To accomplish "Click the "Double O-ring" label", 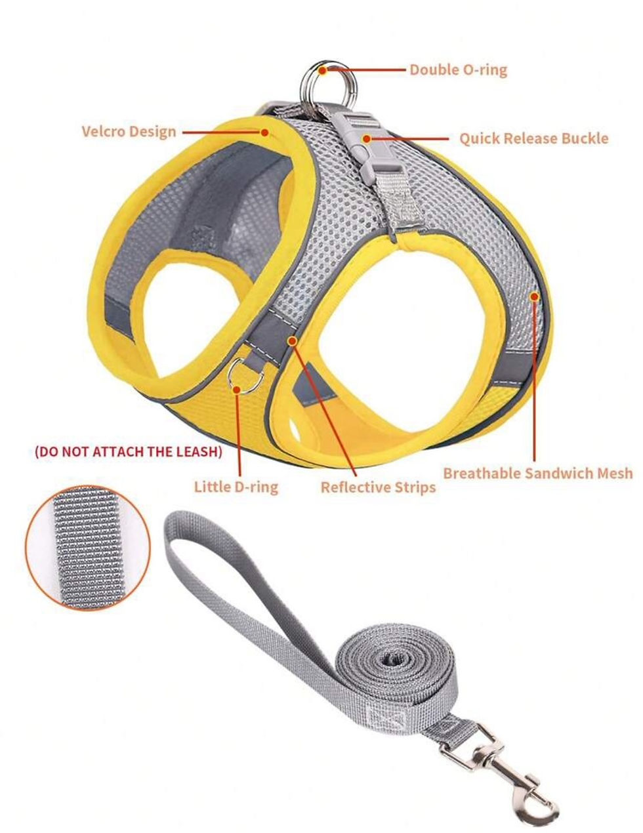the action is tap(458, 70).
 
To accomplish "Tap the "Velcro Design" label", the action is tap(129, 131).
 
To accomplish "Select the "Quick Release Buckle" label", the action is tap(533, 138).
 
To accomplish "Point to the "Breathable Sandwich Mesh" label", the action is tap(538, 473).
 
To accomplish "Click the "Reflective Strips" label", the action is tap(378, 487).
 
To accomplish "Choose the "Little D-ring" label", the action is tap(236, 486).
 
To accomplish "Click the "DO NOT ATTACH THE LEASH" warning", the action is tap(128, 452).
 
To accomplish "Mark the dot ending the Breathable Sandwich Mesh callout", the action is tap(535, 296).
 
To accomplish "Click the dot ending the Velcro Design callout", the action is tap(265, 132).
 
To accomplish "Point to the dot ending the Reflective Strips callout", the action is tap(292, 340).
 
